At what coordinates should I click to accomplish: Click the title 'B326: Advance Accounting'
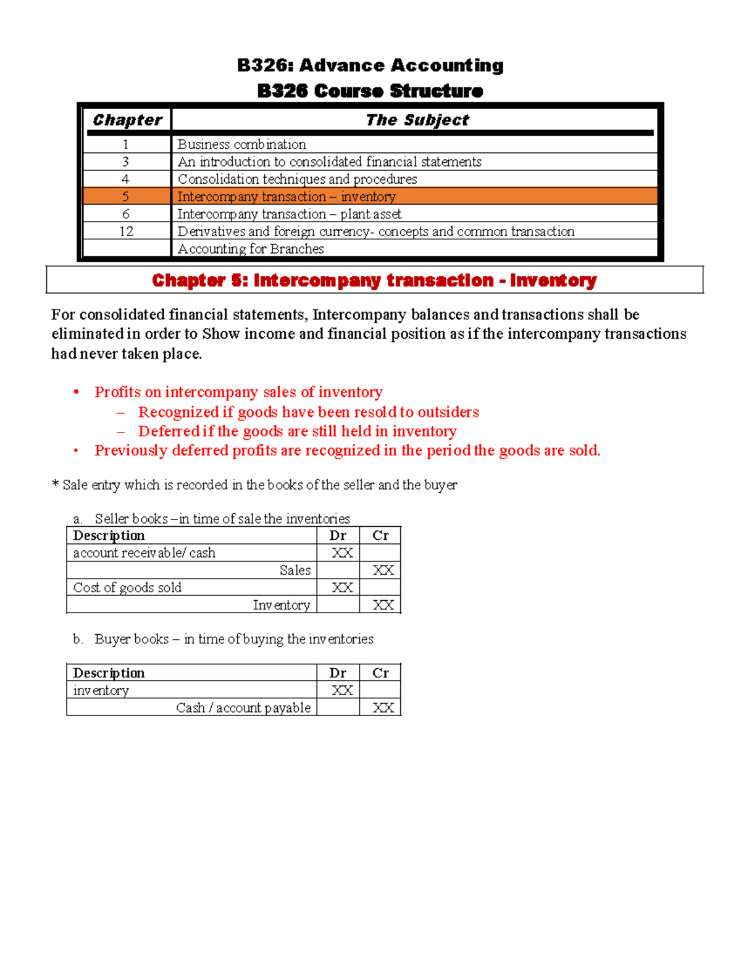(370, 65)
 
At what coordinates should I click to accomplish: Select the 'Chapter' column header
(127, 120)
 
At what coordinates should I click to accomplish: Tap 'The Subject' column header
(417, 120)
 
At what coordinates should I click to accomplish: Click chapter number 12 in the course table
(126, 231)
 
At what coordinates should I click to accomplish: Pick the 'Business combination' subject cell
(241, 144)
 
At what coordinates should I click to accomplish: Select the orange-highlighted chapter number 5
(126, 197)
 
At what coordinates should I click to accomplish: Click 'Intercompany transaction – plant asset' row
(289, 214)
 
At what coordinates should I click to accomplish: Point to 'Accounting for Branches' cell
(251, 249)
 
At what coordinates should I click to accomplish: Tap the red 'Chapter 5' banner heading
(374, 281)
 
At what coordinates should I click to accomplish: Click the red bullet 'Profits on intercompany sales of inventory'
(238, 392)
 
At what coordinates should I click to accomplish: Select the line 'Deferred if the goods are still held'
(297, 431)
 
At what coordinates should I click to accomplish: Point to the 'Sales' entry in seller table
(295, 571)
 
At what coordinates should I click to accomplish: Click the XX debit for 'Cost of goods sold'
(341, 588)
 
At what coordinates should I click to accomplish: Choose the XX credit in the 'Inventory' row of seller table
(383, 605)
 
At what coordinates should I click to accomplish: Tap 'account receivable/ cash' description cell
(144, 553)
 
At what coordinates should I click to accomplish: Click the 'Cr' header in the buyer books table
(380, 673)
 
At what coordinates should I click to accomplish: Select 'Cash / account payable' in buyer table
(243, 708)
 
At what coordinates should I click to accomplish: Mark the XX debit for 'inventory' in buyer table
(341, 691)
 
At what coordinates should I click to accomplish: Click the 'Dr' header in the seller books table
(338, 535)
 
